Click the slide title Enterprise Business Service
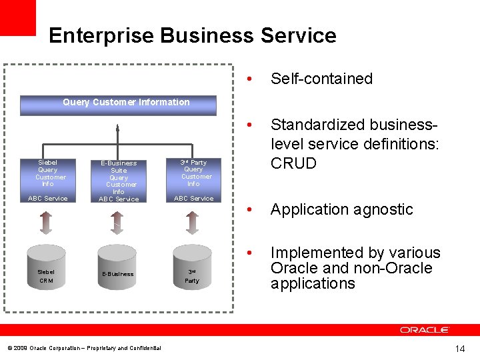pos(192,35)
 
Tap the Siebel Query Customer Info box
pos(47,179)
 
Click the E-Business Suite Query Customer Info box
pos(119,180)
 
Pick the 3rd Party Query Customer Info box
pos(193,179)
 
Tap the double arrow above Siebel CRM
pos(46,222)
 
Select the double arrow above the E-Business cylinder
pos(117,222)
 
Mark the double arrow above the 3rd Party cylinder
pos(192,222)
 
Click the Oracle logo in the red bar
pos(425,330)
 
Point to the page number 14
pos(460,349)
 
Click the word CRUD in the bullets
pos(293,163)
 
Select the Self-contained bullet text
pos(321,79)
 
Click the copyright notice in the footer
pos(84,348)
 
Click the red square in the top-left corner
pos(17,17)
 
